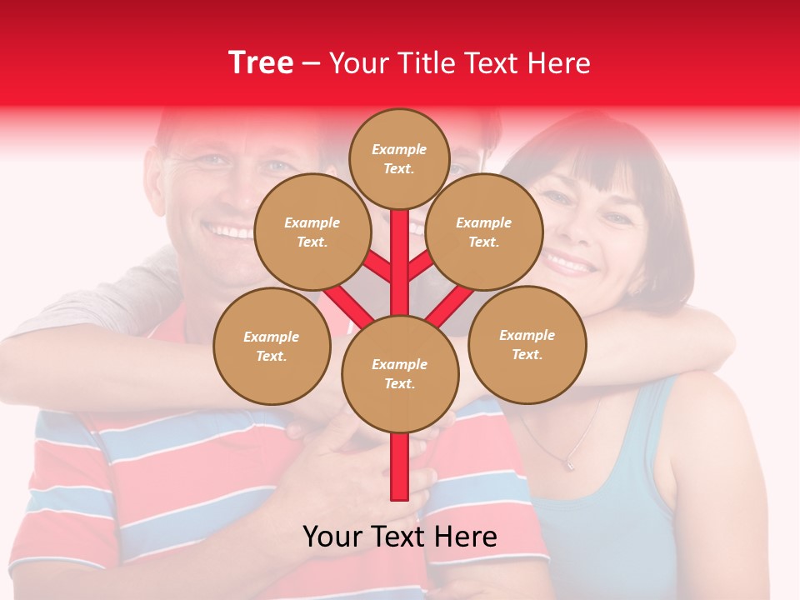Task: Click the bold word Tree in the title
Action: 261,63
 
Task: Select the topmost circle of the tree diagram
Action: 399,158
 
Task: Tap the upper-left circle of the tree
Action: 312,232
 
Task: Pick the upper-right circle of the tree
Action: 483,232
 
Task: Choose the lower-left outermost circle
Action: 271,346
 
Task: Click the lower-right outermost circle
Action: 527,344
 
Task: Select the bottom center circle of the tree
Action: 399,373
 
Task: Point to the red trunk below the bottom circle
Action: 399,467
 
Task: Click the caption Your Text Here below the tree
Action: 399,537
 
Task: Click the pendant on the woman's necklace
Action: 569,463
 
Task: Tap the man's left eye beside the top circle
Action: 279,166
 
